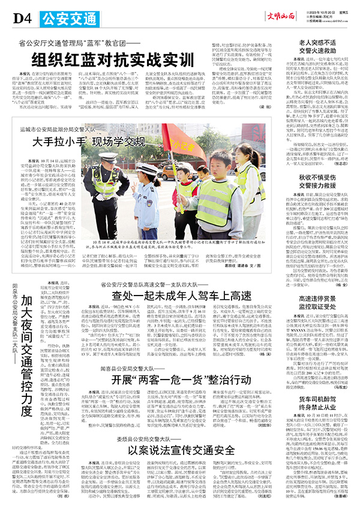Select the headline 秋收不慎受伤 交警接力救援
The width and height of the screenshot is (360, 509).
coord(316,182)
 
